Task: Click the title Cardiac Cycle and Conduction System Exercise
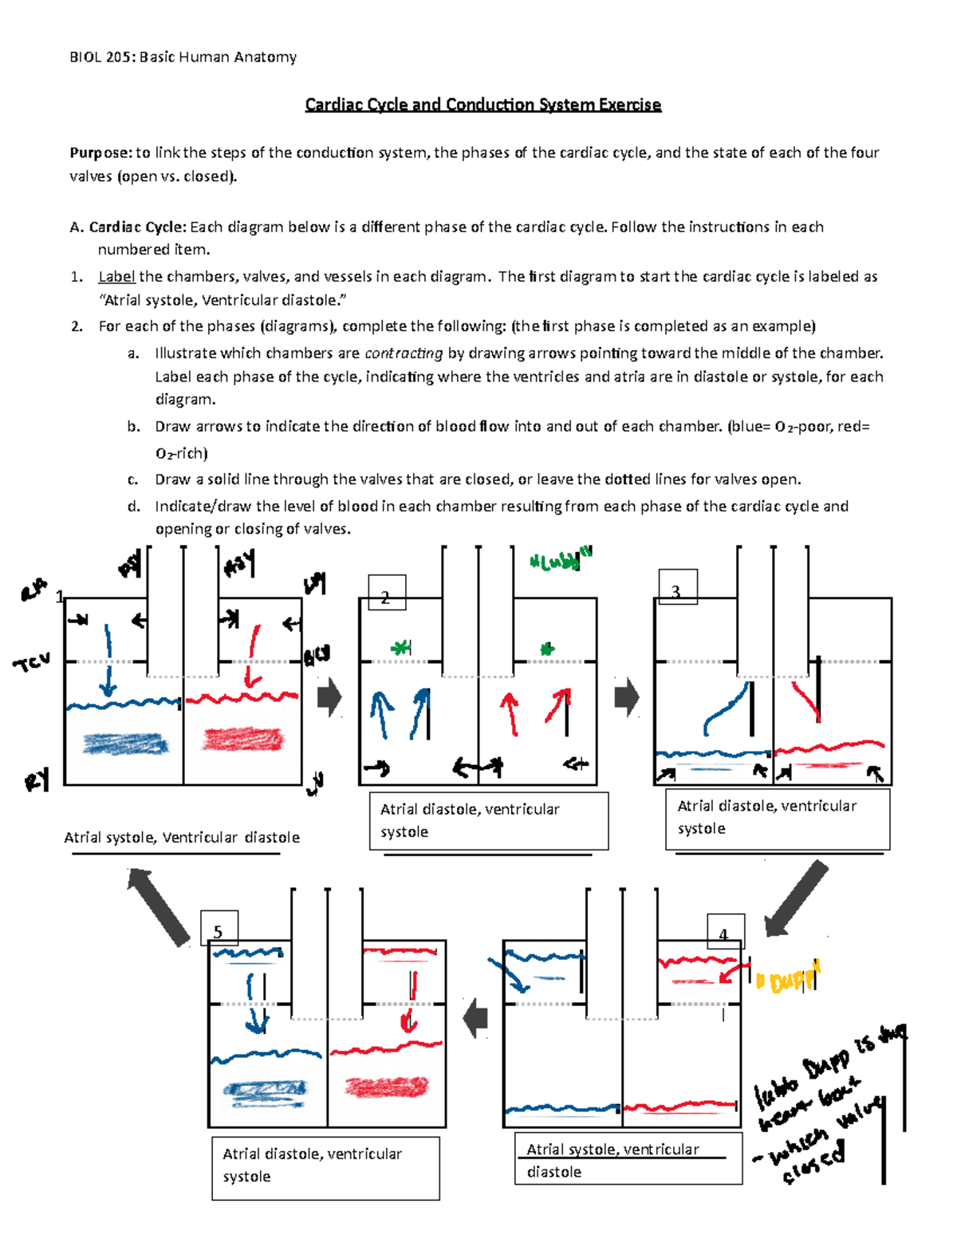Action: [482, 105]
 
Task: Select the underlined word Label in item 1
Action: [116, 277]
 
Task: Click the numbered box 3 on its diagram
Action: [678, 588]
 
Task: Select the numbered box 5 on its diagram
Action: [219, 929]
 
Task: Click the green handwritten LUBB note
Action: [561, 560]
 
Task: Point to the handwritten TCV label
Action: [32, 661]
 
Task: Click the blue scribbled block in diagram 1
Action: [126, 744]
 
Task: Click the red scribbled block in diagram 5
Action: [387, 1086]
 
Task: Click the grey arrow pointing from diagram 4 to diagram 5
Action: [476, 1018]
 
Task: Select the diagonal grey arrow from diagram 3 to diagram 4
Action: [797, 898]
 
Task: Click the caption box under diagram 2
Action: [488, 820]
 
